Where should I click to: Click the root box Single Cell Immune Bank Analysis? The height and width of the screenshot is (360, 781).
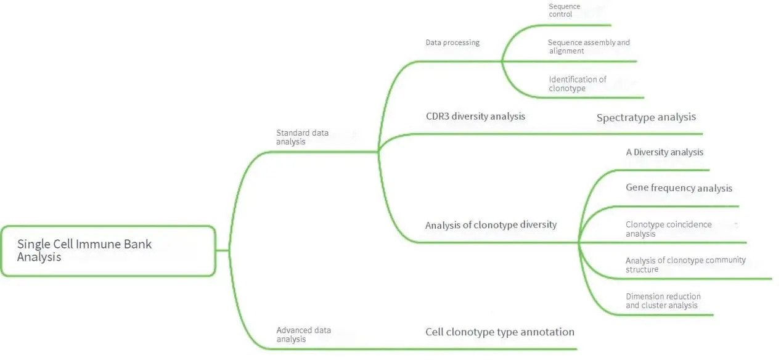click(108, 250)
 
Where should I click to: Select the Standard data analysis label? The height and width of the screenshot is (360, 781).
click(302, 137)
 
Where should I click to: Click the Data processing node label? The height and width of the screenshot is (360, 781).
click(452, 43)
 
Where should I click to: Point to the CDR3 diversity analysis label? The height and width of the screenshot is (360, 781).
click(475, 116)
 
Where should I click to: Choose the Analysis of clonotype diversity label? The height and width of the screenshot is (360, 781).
click(491, 225)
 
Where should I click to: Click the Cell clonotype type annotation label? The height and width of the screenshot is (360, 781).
click(499, 332)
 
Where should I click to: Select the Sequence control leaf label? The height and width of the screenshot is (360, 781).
click(565, 10)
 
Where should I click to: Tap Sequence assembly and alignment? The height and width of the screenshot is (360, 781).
click(588, 47)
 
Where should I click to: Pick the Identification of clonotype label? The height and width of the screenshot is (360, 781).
click(577, 84)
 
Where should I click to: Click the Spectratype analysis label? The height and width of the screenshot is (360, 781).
click(646, 117)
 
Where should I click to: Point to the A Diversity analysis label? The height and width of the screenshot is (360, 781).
click(664, 152)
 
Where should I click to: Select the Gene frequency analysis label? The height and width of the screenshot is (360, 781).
click(679, 188)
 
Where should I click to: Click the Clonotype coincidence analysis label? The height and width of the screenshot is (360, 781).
click(668, 229)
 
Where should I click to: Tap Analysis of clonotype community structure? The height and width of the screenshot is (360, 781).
click(685, 264)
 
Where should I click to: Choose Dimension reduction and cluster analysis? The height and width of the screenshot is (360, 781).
click(663, 301)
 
